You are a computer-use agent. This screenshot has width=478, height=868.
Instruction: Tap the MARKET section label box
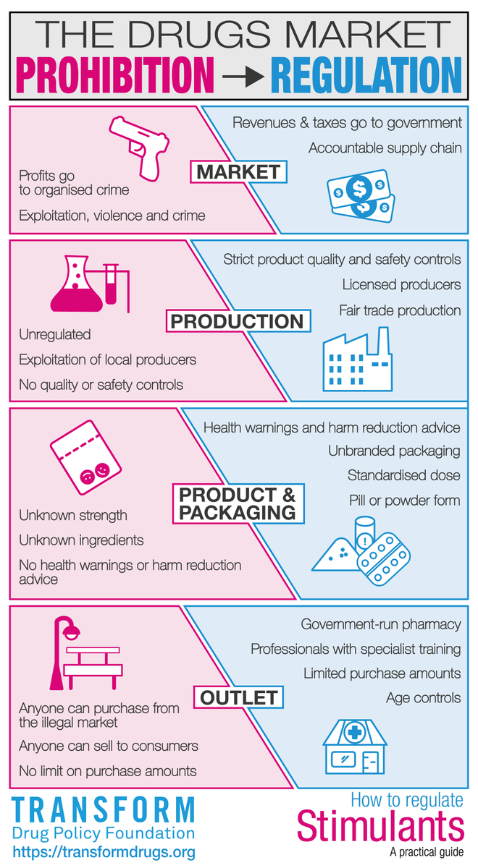click(238, 171)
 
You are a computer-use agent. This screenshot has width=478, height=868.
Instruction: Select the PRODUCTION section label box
click(238, 321)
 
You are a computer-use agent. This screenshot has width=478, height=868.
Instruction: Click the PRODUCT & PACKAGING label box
click(238, 503)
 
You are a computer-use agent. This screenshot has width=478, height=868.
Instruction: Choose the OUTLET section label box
click(238, 697)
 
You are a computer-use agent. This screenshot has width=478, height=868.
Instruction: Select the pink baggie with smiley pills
click(84, 461)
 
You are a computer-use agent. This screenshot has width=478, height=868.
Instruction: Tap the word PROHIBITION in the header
click(116, 75)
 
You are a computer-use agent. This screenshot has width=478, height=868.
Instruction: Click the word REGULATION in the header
click(366, 75)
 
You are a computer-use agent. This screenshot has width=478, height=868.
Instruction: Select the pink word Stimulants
click(381, 825)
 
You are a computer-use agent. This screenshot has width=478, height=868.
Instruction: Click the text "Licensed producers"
click(401, 284)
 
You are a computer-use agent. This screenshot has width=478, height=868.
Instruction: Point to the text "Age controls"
click(423, 698)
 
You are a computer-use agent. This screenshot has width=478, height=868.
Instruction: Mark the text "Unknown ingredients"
click(81, 540)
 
